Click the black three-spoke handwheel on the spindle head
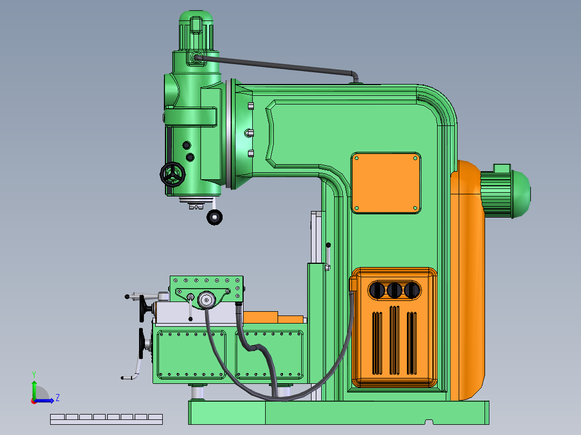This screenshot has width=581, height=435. (172, 174)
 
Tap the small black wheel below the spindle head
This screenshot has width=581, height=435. (215, 217)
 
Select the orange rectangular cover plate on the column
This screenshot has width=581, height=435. (386, 183)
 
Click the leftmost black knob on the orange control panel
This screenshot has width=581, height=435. (377, 290)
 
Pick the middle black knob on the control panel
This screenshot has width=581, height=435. (395, 290)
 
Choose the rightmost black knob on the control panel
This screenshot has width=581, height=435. (412, 290)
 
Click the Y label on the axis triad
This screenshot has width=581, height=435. (34, 375)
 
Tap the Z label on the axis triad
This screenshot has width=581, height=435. (58, 398)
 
